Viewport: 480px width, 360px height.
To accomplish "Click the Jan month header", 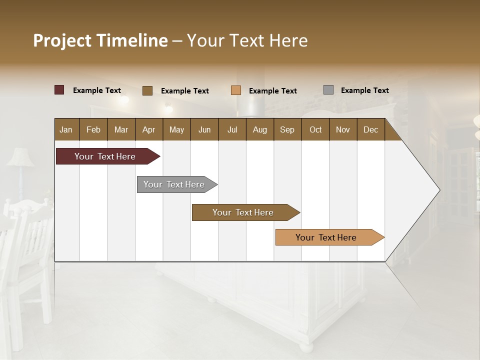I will pyautogui.click(x=66, y=129).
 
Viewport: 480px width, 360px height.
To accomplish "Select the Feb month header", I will pyautogui.click(x=93, y=129).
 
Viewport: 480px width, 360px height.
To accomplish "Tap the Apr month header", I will pyautogui.click(x=148, y=129).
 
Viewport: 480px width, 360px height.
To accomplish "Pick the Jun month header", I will pyautogui.click(x=204, y=129).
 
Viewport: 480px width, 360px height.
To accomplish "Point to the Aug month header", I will pyautogui.click(x=259, y=129).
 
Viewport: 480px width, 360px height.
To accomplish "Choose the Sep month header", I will pyautogui.click(x=287, y=129).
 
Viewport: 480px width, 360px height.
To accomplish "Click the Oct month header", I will pyautogui.click(x=315, y=129).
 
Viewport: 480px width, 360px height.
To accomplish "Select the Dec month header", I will pyautogui.click(x=370, y=129).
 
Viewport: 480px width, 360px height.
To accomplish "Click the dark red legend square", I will pyautogui.click(x=59, y=90).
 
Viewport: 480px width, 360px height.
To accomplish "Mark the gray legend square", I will pyautogui.click(x=328, y=90).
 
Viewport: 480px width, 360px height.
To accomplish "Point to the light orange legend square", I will pyautogui.click(x=236, y=90).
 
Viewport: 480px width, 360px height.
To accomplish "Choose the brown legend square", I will pyautogui.click(x=147, y=90).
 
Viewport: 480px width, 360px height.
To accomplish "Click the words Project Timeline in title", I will pyautogui.click(x=100, y=40).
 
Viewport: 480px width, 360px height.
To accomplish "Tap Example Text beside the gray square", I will pyautogui.click(x=364, y=90).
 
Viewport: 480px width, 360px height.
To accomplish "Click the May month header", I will pyautogui.click(x=176, y=129).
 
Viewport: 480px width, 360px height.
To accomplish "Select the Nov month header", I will pyautogui.click(x=342, y=129).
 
